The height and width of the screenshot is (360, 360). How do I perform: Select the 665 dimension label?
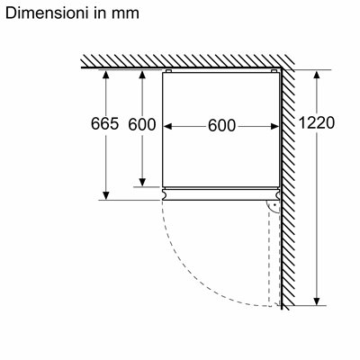[105, 123]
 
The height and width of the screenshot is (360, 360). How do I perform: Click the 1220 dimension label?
[317, 122]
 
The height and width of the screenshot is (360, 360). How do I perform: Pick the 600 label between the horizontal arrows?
[222, 125]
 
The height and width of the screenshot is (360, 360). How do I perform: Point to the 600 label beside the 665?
[142, 124]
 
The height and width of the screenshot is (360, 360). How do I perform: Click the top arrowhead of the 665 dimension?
[105, 74]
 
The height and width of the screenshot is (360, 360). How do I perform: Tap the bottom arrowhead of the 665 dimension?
[105, 195]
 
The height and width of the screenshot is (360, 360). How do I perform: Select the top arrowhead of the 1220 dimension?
[316, 75]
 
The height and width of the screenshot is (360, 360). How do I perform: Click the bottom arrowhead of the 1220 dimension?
[316, 301]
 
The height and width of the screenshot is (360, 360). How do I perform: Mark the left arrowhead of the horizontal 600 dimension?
[167, 127]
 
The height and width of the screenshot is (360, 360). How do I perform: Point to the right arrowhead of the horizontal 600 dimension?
[274, 127]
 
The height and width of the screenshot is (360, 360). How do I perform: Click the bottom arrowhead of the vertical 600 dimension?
[142, 182]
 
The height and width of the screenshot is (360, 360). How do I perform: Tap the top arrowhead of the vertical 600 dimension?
[142, 75]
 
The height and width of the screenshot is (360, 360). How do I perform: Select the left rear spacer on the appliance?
[168, 71]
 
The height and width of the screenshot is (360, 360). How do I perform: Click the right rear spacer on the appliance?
[274, 71]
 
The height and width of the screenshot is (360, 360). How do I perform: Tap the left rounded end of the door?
[164, 194]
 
